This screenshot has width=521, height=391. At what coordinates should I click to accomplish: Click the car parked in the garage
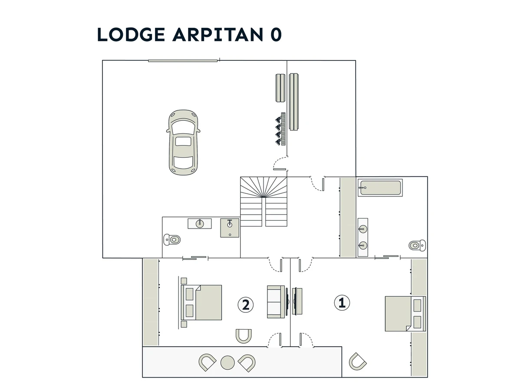(183, 142)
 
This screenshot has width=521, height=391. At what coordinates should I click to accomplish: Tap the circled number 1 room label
(342, 303)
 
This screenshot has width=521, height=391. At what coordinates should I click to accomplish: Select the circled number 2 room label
(245, 305)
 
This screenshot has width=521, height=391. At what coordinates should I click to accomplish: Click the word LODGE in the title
(131, 34)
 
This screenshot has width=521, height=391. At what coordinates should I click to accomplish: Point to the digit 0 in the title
(276, 35)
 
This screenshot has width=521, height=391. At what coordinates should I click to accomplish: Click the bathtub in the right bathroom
(380, 188)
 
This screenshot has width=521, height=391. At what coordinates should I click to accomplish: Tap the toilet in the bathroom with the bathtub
(417, 245)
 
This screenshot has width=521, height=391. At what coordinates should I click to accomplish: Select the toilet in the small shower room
(172, 239)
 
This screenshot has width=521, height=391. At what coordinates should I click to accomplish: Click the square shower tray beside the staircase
(230, 228)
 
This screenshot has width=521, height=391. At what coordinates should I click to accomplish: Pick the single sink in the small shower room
(200, 223)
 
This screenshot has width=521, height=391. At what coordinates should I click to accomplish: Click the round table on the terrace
(228, 362)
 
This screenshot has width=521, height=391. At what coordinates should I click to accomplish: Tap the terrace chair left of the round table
(207, 362)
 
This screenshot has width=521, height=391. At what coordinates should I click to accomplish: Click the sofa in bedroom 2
(276, 302)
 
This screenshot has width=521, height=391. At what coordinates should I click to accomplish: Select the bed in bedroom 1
(405, 314)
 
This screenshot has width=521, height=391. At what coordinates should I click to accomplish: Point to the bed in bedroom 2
(201, 302)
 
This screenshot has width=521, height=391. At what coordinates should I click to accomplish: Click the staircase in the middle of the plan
(264, 202)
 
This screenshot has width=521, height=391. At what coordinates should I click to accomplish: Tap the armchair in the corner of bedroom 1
(358, 361)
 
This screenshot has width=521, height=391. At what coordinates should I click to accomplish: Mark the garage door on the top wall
(183, 61)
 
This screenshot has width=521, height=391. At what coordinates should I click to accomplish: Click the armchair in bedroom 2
(244, 336)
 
